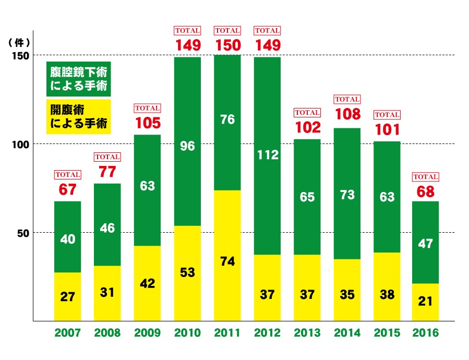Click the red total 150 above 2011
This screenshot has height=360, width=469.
tap(227, 45)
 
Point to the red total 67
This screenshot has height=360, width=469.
tap(68, 190)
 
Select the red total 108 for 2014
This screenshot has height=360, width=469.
tap(347, 114)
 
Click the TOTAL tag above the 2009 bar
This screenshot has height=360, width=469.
tap(148, 108)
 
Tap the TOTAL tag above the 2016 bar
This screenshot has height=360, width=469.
tap(425, 177)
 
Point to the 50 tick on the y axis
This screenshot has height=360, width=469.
tap(22, 233)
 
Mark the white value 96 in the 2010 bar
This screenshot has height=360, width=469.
tap(187, 147)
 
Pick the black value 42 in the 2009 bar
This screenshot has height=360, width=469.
tap(148, 283)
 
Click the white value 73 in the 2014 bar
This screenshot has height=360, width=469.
tap(347, 195)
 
